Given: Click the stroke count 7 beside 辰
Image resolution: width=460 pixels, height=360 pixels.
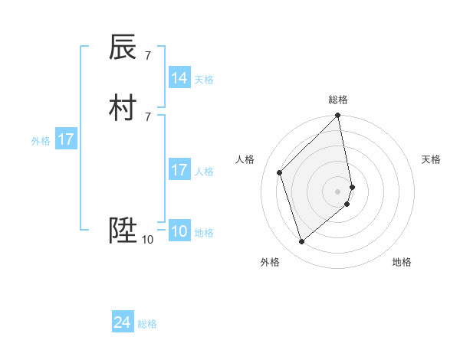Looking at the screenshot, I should [147, 55].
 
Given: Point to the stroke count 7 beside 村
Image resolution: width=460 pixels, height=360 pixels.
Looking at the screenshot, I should [147, 116].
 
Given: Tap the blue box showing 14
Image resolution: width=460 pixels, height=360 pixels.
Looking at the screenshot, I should [179, 78].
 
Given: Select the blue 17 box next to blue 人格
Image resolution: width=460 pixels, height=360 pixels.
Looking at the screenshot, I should [179, 170].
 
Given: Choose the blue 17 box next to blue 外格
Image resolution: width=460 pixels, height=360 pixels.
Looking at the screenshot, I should [66, 139].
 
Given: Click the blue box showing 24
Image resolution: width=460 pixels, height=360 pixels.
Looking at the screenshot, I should [123, 323].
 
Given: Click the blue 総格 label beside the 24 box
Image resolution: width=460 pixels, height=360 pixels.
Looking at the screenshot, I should [147, 324].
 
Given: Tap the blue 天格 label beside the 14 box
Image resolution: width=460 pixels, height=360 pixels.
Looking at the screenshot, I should [204, 80].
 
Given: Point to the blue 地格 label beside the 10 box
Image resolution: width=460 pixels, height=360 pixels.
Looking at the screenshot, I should [204, 233].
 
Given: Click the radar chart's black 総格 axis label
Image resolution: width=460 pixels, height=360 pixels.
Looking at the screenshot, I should [338, 100].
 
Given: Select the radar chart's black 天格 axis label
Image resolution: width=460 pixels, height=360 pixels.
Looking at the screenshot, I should [432, 159].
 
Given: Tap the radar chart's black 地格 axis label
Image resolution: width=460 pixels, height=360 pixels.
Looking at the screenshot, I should [402, 262].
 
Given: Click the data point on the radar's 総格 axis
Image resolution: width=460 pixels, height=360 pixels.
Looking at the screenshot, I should [338, 116].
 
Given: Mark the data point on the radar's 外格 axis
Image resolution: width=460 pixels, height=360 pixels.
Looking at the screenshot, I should [302, 242].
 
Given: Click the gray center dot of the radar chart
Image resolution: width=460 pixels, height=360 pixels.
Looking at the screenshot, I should [338, 191].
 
